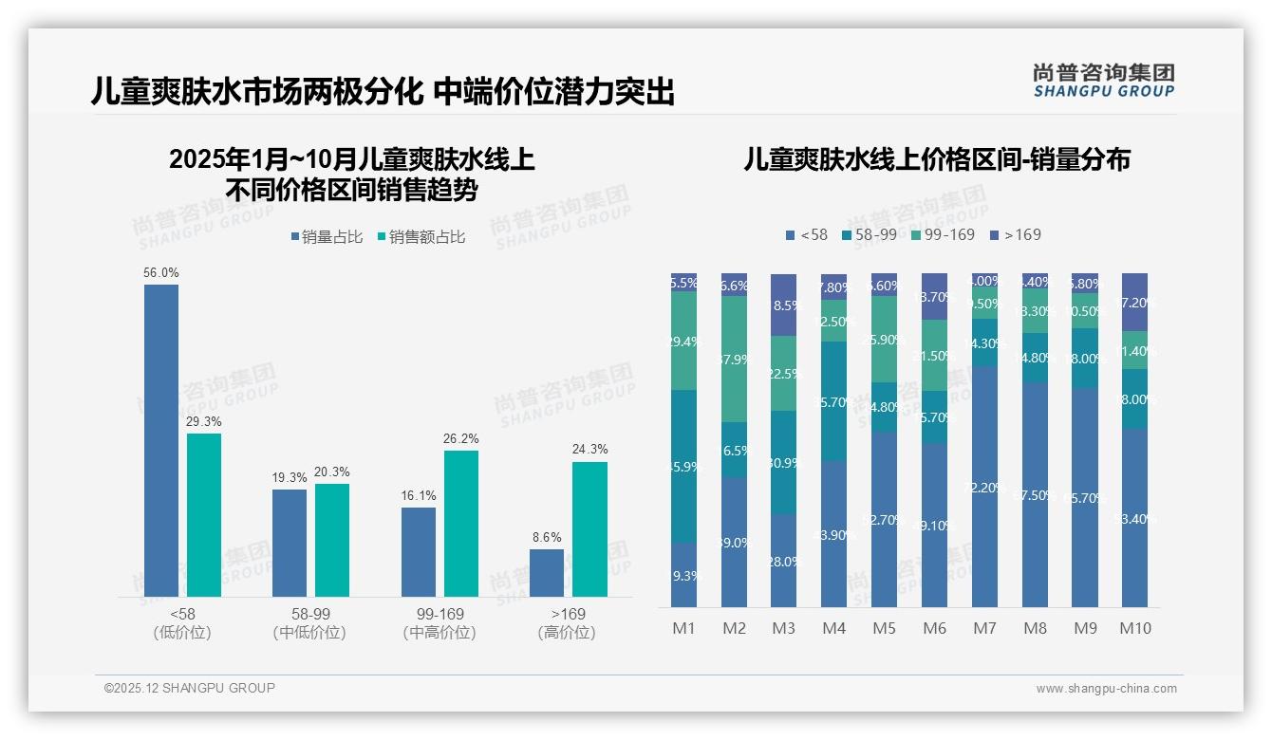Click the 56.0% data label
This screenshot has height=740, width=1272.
tap(160, 272)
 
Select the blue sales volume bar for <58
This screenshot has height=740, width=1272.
tap(160, 440)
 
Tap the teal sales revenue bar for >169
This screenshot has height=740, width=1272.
tap(589, 528)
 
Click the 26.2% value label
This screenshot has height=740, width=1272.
tap(461, 438)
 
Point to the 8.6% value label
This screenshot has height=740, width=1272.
tap(547, 537)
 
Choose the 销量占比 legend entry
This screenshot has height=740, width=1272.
tap(327, 237)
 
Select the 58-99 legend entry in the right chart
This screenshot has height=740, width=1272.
tap(868, 234)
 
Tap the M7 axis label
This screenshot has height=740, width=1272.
tap(984, 628)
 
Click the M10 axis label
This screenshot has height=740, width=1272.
tap(1134, 628)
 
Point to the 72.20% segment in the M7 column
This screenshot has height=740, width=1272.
tap(984, 487)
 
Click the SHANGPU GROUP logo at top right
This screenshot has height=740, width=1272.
tap(1103, 81)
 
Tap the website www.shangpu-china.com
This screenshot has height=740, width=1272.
tap(1106, 689)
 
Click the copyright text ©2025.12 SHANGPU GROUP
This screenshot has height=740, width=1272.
tap(190, 688)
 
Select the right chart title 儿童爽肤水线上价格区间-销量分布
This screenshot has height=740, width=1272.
tap(937, 159)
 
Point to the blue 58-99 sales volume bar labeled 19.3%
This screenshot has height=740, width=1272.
tap(290, 543)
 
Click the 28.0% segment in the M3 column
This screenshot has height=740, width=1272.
tap(783, 561)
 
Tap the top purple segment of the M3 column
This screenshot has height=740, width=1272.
tap(783, 305)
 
